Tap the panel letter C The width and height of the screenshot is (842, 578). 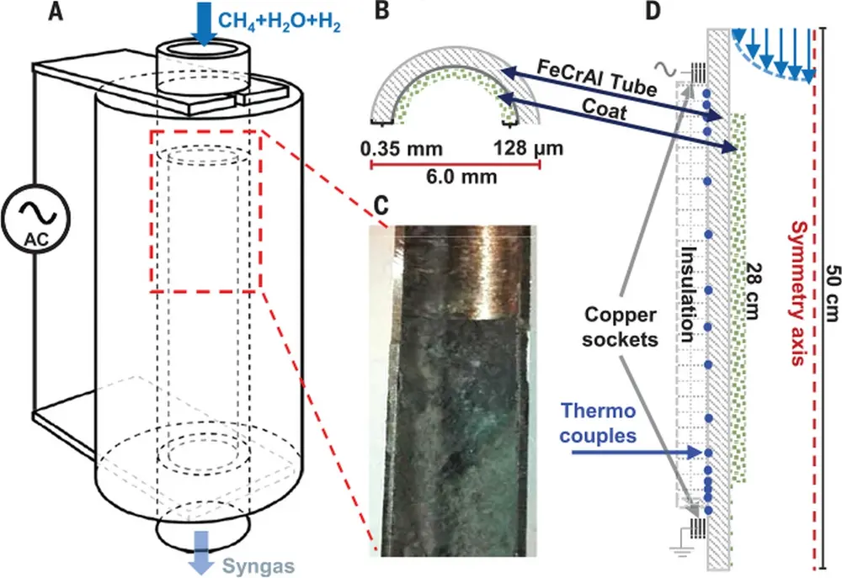click(x=381, y=204)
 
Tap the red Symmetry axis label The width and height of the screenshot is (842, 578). click(x=796, y=291)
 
